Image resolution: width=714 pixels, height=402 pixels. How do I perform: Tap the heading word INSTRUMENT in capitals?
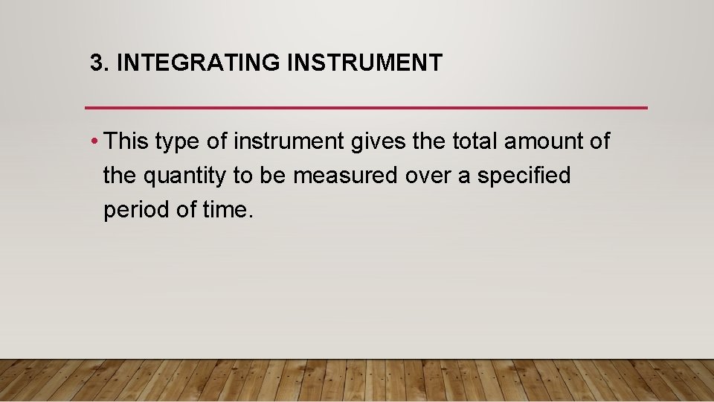pos(364,63)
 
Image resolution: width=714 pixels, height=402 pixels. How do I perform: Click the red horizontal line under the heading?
pos(366,108)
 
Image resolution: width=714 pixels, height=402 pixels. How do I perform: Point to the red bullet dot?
pos(96,141)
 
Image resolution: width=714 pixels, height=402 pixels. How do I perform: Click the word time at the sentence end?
pos(226,210)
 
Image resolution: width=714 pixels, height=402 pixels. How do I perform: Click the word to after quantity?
pos(247,176)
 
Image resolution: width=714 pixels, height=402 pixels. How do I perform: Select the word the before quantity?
pos(118,176)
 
